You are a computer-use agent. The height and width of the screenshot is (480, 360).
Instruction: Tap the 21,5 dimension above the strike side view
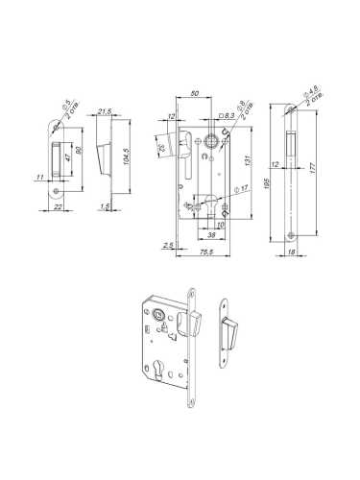click(x=105, y=112)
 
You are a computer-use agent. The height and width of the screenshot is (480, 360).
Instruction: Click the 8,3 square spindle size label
click(x=231, y=117)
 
